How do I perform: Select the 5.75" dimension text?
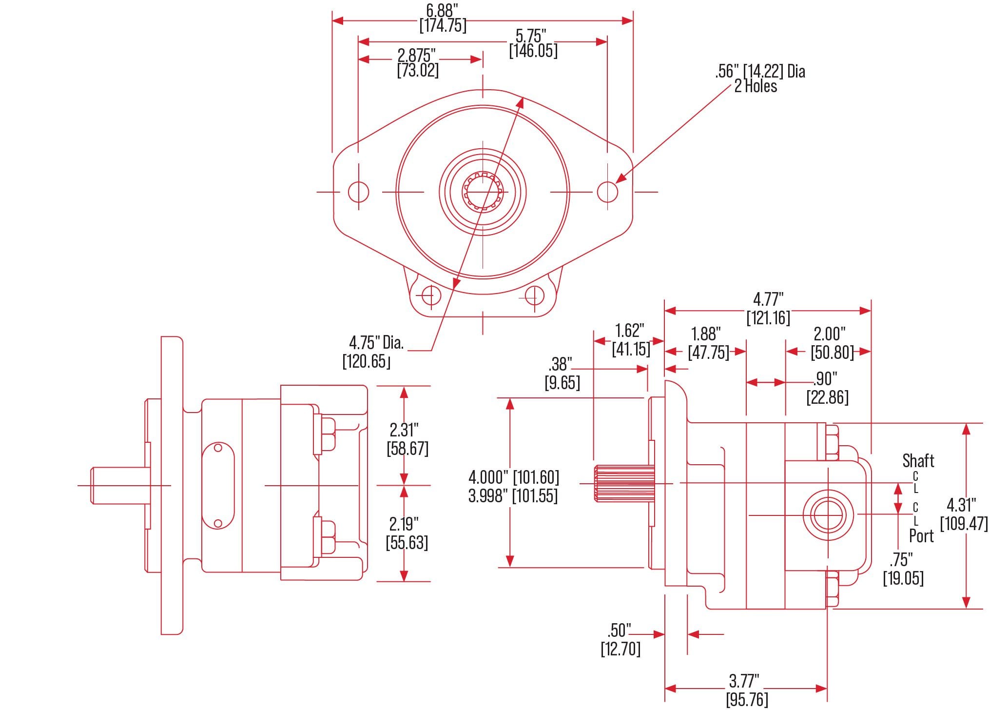[x=531, y=36]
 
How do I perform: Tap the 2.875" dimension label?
[x=417, y=55]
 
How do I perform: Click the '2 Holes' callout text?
[x=756, y=86]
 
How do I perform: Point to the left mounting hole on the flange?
[x=358, y=192]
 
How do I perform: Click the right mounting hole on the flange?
[x=607, y=192]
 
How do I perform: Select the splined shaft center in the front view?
[x=483, y=192]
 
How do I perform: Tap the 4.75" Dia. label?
[x=376, y=343]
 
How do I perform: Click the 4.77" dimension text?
[x=768, y=299]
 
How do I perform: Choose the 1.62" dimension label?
[x=629, y=331]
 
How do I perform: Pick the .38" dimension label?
[x=560, y=364]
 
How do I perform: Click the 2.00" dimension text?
[x=830, y=334]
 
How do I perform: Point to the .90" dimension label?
[x=825, y=378]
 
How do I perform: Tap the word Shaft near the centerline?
[x=918, y=460]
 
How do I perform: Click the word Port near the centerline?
[x=921, y=536]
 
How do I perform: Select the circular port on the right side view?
[x=828, y=515]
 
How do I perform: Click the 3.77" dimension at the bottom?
[x=744, y=680]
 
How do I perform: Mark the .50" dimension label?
[x=619, y=630]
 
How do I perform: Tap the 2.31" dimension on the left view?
[x=404, y=430]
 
